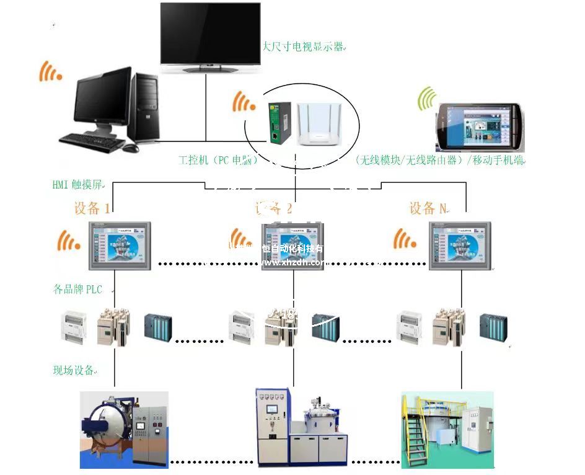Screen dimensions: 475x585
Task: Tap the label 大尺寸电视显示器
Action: coord(303,47)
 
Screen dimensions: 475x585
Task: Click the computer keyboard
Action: coord(91,142)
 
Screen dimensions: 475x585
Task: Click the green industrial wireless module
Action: coord(276,122)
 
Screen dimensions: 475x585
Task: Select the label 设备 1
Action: coord(92,208)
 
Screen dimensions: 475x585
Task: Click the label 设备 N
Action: coord(428,208)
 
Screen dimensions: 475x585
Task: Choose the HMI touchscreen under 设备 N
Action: coord(462,245)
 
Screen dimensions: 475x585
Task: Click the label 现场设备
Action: coord(74,370)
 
